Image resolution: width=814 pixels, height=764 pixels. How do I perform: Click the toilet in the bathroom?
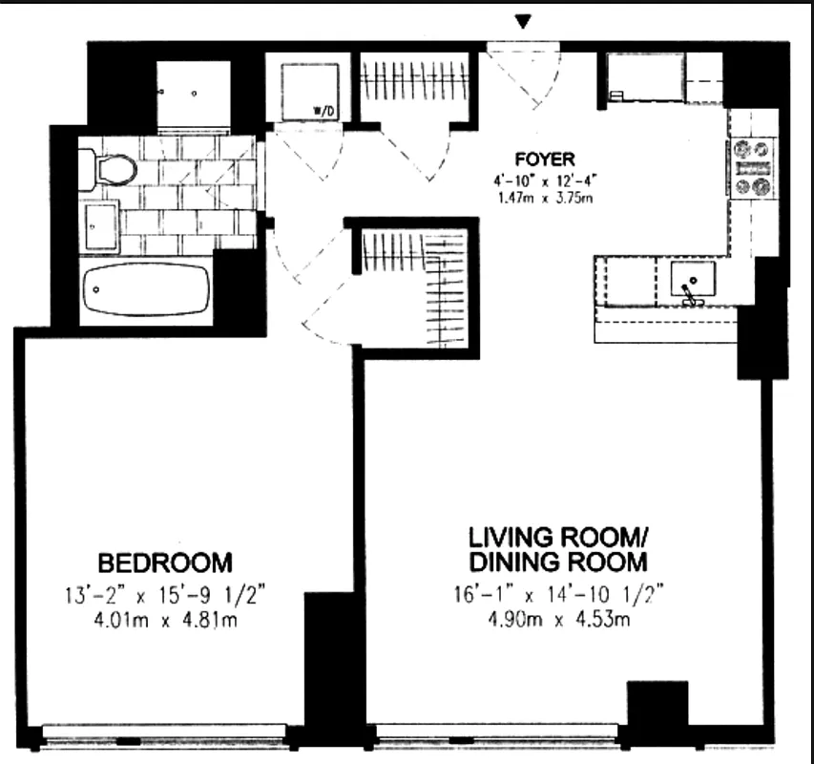point(107,169)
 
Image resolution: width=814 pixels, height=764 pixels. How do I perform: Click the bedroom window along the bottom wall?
point(164,733)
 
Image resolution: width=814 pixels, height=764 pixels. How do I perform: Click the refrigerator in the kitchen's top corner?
point(644,77)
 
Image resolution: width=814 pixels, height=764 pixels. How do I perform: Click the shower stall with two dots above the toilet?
point(193,93)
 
